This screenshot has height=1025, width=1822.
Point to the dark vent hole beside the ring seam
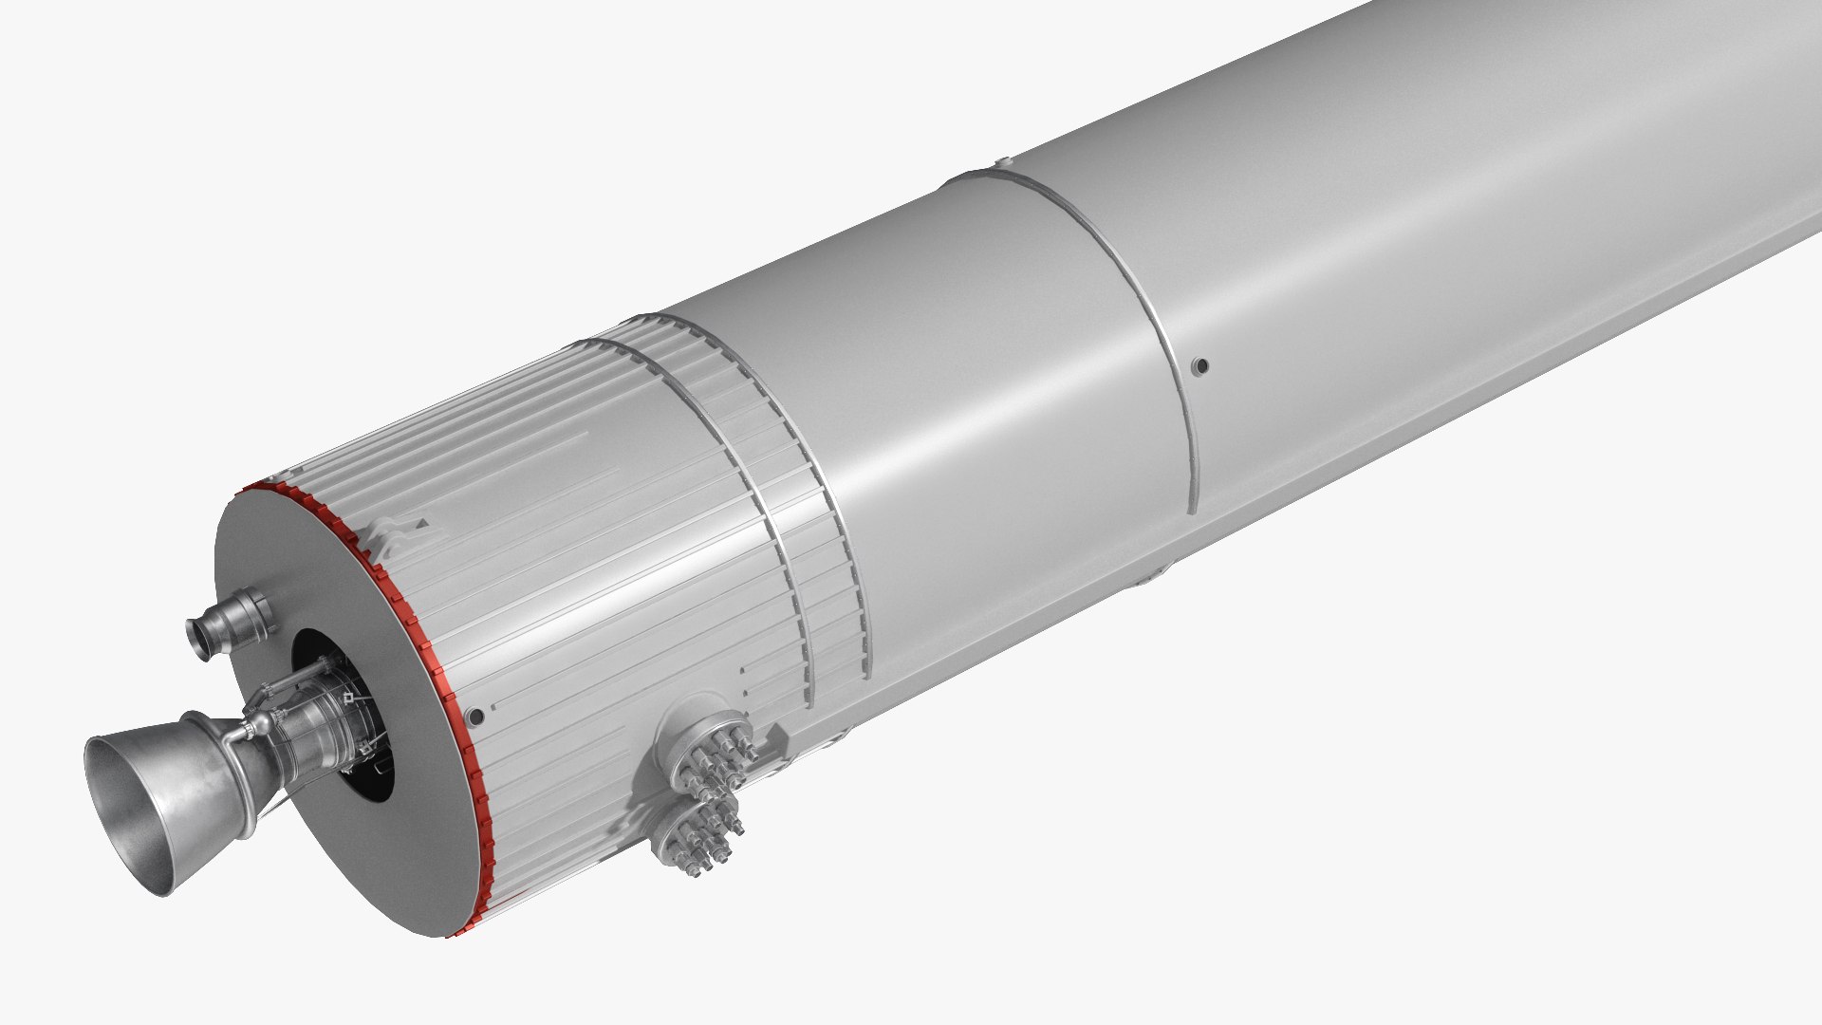click(x=1200, y=364)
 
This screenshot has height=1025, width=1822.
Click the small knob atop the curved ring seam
click(x=1001, y=164)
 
